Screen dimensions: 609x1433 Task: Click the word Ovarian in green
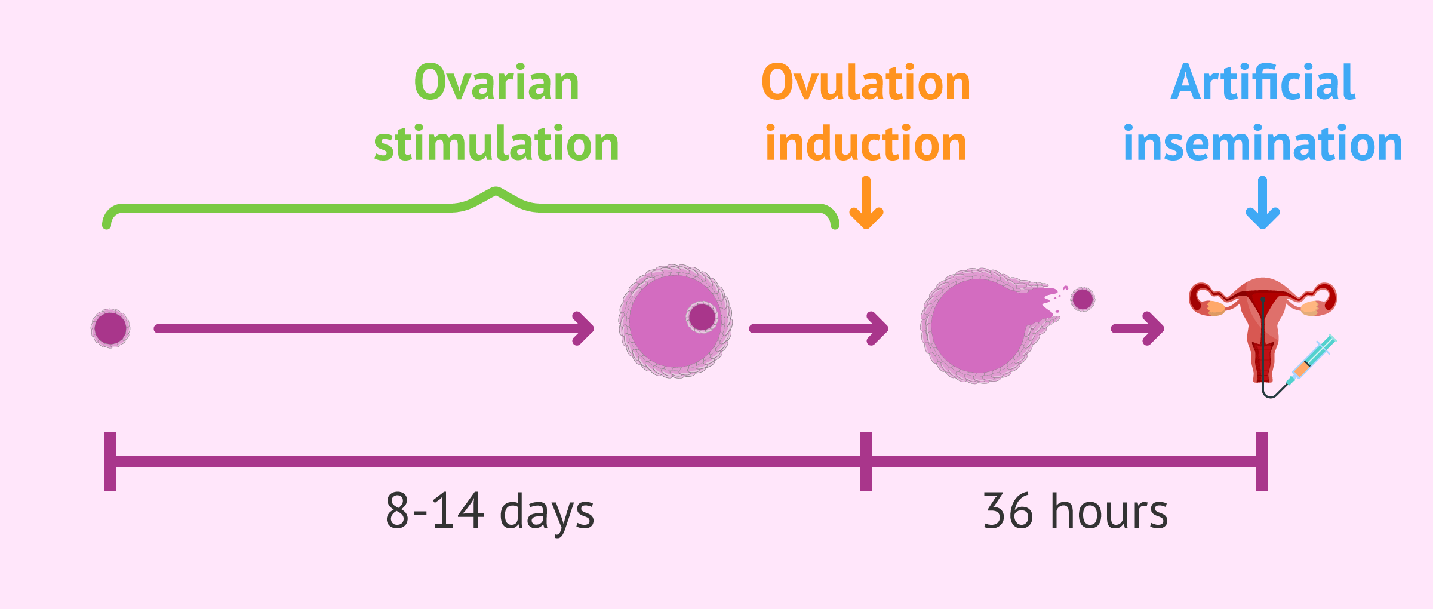[x=496, y=83]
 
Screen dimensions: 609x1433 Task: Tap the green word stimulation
[x=496, y=144]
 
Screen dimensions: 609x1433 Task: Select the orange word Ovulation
[x=866, y=83]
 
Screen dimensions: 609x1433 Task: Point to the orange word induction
[x=866, y=144]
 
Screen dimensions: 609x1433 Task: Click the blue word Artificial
[x=1262, y=83]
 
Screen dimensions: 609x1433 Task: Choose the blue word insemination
[x=1262, y=144]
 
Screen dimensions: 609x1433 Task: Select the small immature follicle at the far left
[x=110, y=328]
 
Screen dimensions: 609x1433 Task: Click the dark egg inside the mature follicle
[x=702, y=317]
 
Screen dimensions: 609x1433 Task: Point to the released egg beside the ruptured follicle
[x=1083, y=299]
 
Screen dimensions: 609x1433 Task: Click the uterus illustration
[x=1262, y=322]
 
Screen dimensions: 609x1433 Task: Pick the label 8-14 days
[x=490, y=512]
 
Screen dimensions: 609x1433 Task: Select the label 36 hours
[x=1075, y=512]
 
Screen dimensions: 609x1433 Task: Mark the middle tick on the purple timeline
[x=866, y=462]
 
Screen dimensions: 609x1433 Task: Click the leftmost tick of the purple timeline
[x=110, y=462]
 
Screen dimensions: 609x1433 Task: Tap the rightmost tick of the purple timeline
[x=1262, y=462]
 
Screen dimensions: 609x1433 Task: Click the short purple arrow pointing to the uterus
[x=1137, y=328]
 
